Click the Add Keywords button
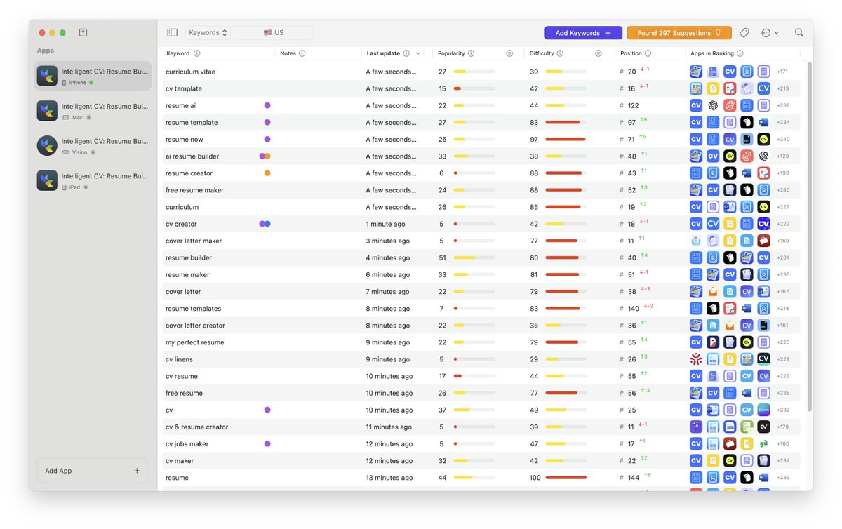[583, 33]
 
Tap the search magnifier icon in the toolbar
[798, 33]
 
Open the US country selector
[274, 33]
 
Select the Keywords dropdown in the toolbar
[208, 33]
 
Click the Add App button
[93, 471]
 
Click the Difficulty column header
[542, 53]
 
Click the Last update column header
[383, 53]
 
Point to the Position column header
[631, 53]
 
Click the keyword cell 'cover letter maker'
[194, 241]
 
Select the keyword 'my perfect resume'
[195, 342]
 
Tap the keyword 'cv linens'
[179, 359]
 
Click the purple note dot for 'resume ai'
[267, 105]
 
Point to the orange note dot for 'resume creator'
[267, 173]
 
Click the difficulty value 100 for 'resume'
[535, 478]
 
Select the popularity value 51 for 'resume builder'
[442, 257]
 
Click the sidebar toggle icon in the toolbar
[172, 33]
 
